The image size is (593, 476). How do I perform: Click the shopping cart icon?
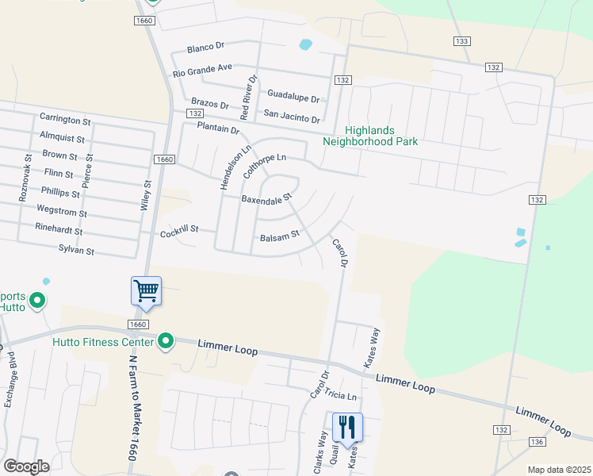(147, 290)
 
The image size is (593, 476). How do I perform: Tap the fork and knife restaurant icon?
(347, 427)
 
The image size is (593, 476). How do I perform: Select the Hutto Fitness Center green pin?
(166, 341)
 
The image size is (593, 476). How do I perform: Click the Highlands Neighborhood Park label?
(370, 136)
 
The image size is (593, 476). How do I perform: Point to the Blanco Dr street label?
(207, 48)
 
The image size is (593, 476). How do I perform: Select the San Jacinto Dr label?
(292, 116)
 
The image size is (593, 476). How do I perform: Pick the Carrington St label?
(66, 120)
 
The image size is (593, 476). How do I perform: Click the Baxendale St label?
(267, 198)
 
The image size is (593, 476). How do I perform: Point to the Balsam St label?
(279, 236)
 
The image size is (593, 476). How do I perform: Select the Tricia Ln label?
(341, 396)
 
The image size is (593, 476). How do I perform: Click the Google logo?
(26, 466)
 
